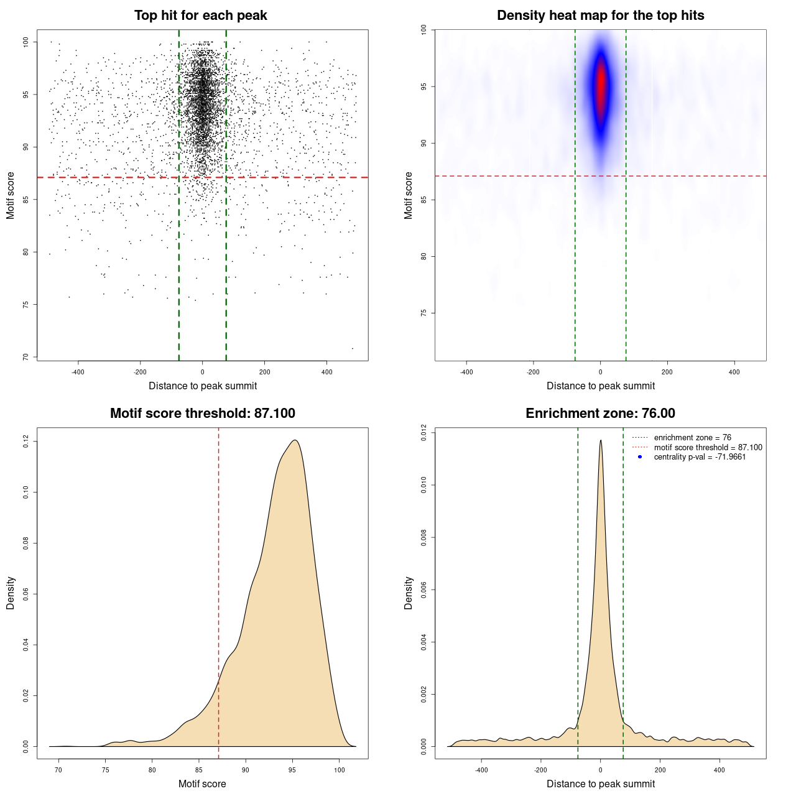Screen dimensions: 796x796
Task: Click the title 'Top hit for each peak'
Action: coord(200,16)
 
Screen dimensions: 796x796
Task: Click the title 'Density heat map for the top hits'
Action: coord(600,16)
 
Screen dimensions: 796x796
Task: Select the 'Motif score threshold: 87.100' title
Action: coord(202,414)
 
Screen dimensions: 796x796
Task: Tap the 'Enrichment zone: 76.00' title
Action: coord(600,414)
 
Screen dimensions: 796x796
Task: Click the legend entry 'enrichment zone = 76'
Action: coord(692,438)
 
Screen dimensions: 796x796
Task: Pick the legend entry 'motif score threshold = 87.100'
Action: coord(708,447)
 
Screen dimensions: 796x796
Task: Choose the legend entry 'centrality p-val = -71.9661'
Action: coord(700,457)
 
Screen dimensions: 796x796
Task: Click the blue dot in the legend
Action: coord(640,457)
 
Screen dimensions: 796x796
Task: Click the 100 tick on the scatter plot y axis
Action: coord(26,42)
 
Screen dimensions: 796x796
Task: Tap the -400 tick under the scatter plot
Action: coord(78,372)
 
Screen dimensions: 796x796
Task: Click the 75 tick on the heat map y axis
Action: coord(424,313)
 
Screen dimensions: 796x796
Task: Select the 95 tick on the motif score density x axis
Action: coord(292,770)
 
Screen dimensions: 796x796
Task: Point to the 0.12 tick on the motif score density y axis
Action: coord(26,442)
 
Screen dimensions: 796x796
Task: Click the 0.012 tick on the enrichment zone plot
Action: coord(424,433)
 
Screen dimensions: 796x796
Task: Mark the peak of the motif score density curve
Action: coord(295,441)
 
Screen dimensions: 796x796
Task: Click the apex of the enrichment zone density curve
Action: coord(601,441)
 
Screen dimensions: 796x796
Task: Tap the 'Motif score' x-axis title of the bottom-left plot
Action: coord(202,784)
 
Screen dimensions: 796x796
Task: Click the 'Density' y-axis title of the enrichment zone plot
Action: coord(409,593)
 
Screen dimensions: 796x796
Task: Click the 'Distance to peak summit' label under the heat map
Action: coord(600,386)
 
